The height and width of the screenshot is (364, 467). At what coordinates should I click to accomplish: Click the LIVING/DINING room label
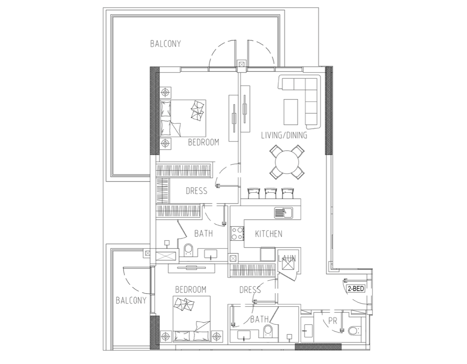click(284, 135)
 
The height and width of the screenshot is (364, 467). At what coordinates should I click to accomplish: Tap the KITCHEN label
click(269, 234)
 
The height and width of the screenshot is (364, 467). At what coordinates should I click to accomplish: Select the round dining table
click(287, 162)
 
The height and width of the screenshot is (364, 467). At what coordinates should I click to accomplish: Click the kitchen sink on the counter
click(284, 213)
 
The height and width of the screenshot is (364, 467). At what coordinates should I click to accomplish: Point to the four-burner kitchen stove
click(237, 233)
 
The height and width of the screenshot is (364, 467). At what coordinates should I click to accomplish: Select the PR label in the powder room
click(332, 321)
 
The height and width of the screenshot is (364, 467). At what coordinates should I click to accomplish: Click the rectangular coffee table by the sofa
click(291, 112)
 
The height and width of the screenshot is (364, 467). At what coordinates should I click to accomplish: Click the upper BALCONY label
click(165, 44)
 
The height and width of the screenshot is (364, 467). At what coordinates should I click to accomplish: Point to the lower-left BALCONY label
click(131, 300)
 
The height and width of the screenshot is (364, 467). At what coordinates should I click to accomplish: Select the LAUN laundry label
click(287, 258)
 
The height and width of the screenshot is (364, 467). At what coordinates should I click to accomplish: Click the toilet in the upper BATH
click(188, 250)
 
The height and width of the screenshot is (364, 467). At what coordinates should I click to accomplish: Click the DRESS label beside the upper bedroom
click(197, 191)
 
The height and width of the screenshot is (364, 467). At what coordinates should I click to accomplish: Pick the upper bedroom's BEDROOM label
click(203, 142)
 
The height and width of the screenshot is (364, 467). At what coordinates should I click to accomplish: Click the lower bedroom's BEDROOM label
click(191, 289)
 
